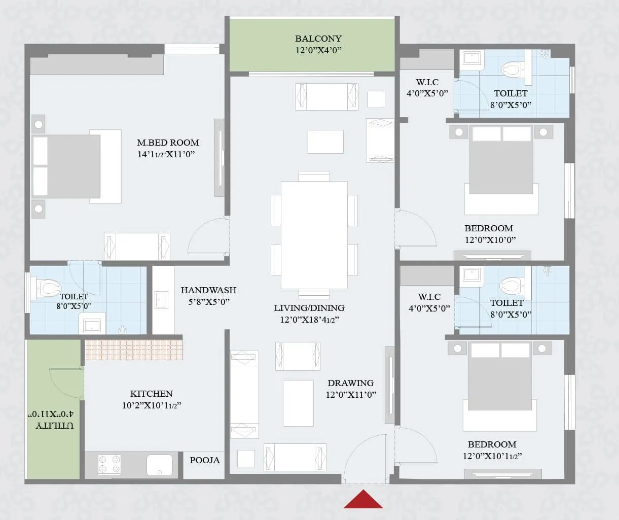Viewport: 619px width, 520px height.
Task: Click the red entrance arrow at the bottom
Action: pos(363,500)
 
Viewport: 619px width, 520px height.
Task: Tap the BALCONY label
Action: pos(318,39)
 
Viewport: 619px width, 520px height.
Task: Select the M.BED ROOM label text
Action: pos(168,143)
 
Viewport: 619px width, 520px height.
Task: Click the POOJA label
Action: pos(205,460)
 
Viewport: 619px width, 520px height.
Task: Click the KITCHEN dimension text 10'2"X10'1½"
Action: pos(152,405)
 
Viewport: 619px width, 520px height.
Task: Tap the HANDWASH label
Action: pos(208,290)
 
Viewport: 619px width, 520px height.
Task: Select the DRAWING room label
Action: pos(350,383)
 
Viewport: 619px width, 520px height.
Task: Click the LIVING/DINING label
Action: pos(309,308)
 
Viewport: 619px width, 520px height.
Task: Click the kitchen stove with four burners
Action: pos(110,465)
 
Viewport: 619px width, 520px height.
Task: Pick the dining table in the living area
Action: pos(314,234)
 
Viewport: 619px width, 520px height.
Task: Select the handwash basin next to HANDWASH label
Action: pos(162,300)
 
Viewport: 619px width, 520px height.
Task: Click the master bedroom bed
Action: pos(76,166)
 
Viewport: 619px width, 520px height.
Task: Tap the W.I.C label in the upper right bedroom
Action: pos(427,82)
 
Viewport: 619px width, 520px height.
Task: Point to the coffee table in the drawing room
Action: pos(298,403)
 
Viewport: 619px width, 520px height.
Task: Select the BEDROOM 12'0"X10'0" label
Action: pos(489,228)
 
